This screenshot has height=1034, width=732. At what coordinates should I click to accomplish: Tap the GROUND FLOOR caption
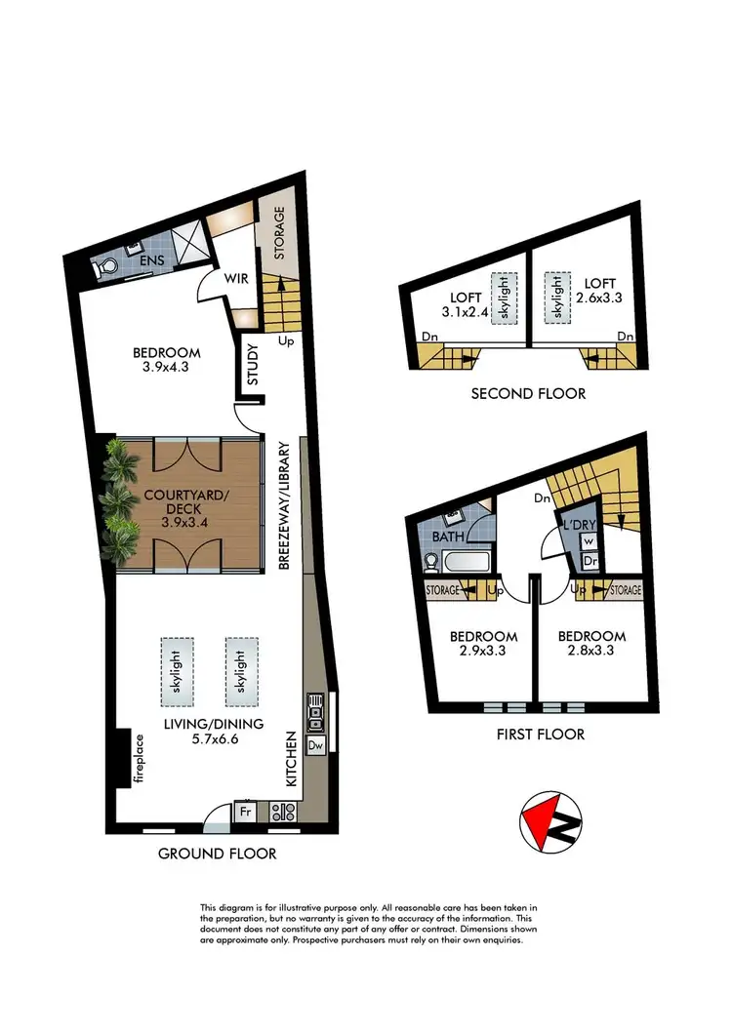click(x=218, y=854)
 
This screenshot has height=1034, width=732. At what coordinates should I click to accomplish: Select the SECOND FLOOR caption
click(x=528, y=394)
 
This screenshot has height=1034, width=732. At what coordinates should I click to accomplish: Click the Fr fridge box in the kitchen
click(x=244, y=810)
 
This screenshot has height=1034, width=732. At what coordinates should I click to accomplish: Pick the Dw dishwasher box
click(x=315, y=746)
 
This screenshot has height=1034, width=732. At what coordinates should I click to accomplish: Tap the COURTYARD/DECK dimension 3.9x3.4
click(x=184, y=522)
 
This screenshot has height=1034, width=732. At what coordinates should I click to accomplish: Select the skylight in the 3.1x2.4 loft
click(x=505, y=297)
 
